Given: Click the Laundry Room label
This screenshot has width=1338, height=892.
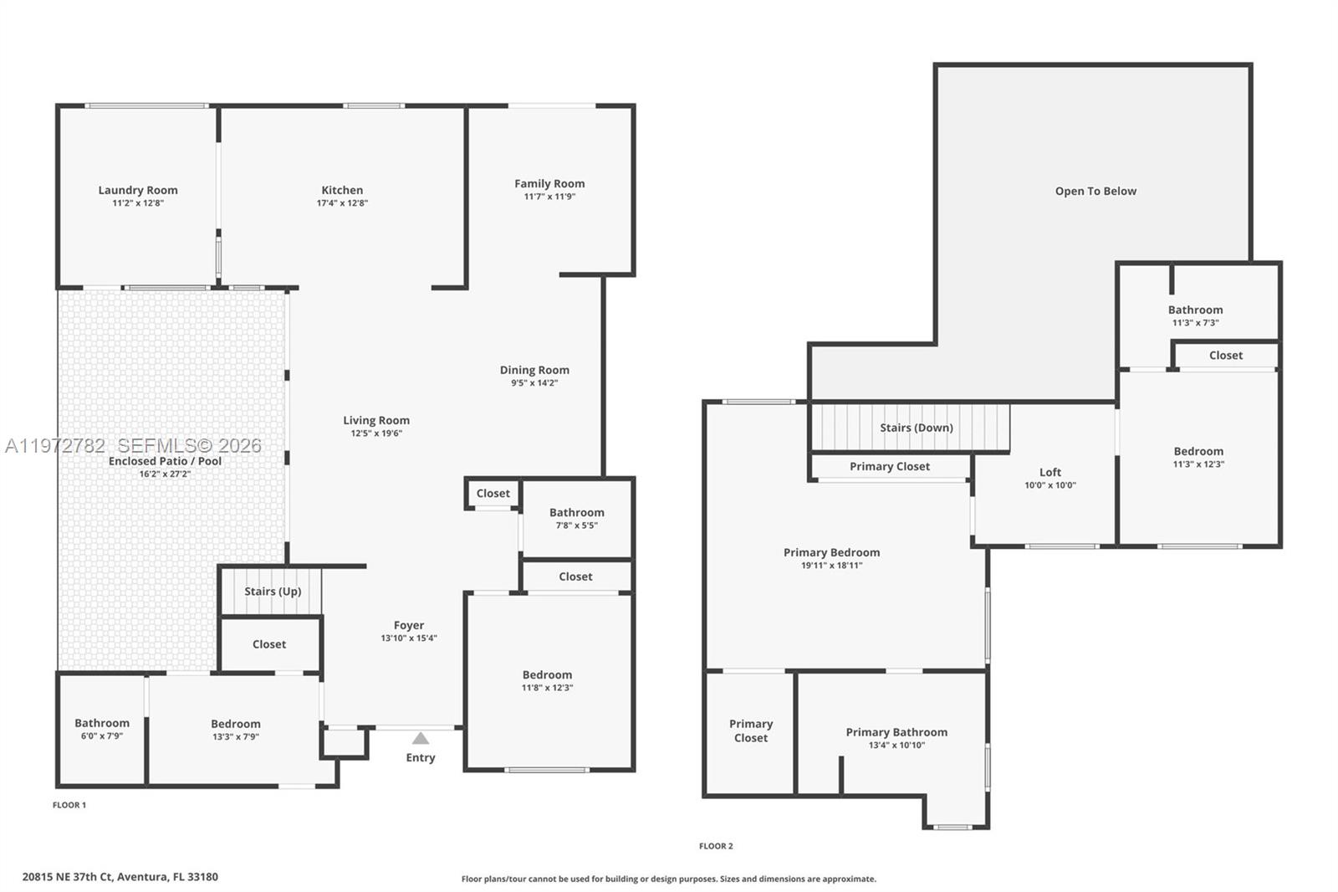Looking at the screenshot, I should pos(138,190).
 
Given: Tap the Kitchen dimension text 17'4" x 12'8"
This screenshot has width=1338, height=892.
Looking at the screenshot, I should pos(342,203).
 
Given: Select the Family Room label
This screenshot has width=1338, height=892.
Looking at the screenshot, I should pos(549,183).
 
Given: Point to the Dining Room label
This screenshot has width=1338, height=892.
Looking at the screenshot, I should pos(534,370).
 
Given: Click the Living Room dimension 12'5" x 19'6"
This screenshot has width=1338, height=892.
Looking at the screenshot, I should pos(376,433).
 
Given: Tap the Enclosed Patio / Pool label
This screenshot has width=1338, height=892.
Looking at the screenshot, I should pos(166,461).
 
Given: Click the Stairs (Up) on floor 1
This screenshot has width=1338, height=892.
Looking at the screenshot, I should pos(273,592).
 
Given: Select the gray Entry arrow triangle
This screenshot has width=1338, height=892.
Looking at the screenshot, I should pos(421,738).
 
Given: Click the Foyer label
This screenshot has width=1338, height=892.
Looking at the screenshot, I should pos(409,625).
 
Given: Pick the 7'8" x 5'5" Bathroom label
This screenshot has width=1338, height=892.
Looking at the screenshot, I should pos(576,513).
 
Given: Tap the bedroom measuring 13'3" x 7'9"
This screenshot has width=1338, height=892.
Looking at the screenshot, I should pos(236,725).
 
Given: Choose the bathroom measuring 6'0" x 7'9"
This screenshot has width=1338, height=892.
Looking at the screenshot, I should pos(102,724).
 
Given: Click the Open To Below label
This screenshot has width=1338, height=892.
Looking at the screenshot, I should pos(1095,191).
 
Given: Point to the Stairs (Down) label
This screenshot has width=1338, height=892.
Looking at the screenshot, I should pos(916,428).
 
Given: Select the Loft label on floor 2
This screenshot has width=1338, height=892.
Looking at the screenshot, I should pos(1050,472).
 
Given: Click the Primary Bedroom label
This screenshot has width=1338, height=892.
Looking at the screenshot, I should pos(831,552).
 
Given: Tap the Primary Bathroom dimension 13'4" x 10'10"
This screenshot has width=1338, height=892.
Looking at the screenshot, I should pos(896,746).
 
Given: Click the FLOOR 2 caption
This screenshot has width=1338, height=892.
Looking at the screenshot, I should pos(716,846).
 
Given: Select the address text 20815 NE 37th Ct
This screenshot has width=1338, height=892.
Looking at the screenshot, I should pos(67,877).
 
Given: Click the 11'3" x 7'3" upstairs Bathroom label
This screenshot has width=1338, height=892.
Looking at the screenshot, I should pos(1195,310).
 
